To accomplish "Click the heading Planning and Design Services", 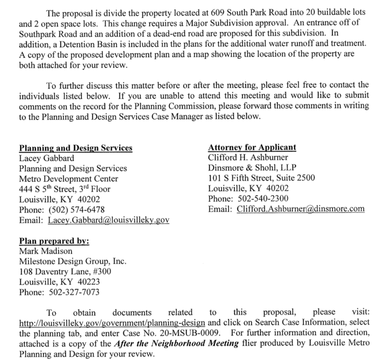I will point(76,148).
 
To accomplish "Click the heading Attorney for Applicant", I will point(252,148).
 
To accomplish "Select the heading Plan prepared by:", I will point(54,241).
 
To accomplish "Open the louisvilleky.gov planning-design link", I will point(112,323).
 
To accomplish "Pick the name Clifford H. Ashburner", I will point(250,158).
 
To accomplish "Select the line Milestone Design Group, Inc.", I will point(73,261).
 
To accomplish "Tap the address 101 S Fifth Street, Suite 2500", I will point(261,178).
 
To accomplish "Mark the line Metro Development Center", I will point(68,178).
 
